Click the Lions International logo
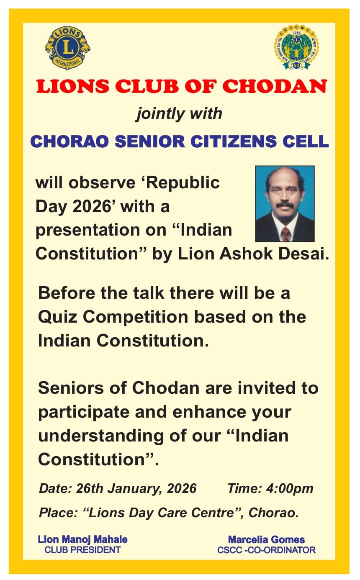click(x=67, y=48)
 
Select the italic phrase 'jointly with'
click(x=179, y=114)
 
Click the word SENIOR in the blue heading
click(x=150, y=141)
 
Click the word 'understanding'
click(x=101, y=436)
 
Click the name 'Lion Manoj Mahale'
click(x=82, y=540)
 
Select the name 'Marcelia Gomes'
click(x=267, y=540)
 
